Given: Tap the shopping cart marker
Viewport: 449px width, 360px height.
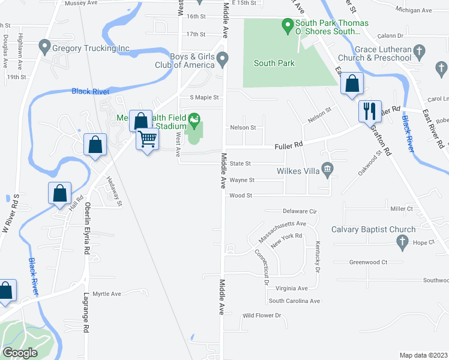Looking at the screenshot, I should coord(147,139).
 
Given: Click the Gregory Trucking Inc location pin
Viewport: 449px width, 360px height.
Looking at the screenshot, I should coord(43,46).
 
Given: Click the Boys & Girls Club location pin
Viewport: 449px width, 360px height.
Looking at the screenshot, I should coord(223,59).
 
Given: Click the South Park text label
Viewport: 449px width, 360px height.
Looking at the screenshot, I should coord(273,63).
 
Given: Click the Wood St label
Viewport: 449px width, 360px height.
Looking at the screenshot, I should coord(241,196).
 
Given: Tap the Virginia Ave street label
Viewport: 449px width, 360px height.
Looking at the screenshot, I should coord(292,288).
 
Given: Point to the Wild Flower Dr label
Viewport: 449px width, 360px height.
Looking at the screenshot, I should coord(261,316).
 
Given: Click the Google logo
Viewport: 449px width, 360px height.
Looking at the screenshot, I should coord(20,353).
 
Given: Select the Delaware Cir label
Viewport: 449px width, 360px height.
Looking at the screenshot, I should coord(300,211).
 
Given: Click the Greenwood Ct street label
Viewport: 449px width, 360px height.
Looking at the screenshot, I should coord(369,262).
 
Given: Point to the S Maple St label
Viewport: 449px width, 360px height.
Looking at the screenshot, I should coord(205,97).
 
